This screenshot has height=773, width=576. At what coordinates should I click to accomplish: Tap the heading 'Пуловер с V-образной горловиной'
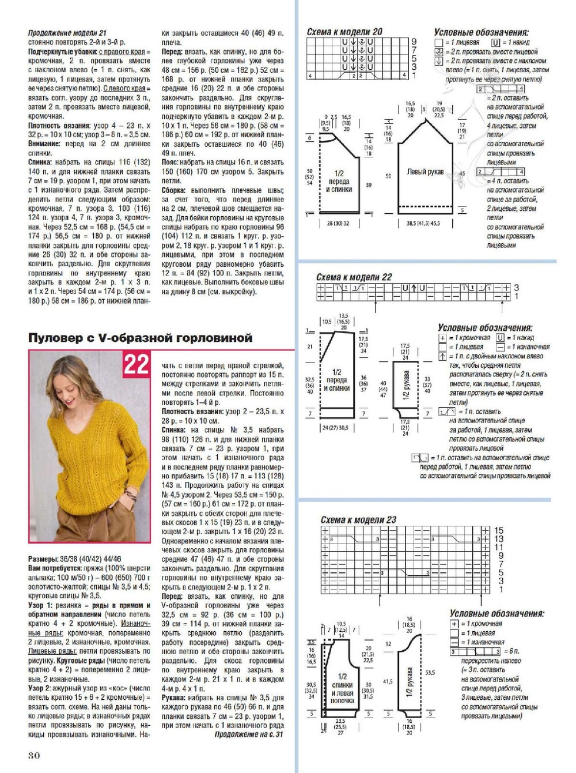pyautogui.click(x=141, y=338)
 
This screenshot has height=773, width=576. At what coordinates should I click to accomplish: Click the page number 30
pyautogui.click(x=34, y=755)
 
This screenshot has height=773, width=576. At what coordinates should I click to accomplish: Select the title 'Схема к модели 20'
pyautogui.click(x=344, y=32)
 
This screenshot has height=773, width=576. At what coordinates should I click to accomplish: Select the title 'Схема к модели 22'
pyautogui.click(x=354, y=277)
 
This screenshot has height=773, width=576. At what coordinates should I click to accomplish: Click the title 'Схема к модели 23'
pyautogui.click(x=358, y=520)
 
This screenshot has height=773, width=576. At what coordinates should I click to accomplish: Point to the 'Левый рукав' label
pyautogui.click(x=425, y=172)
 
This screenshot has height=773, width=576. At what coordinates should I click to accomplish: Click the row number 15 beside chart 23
pyautogui.click(x=498, y=530)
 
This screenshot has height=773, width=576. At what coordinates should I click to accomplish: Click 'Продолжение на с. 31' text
pyautogui.click(x=249, y=735)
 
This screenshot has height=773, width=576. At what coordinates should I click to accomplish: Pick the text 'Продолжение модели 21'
pyautogui.click(x=67, y=34)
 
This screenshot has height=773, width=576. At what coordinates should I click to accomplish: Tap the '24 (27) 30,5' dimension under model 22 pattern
pyautogui.click(x=336, y=428)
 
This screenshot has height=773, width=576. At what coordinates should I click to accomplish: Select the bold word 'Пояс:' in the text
pyautogui.click(x=173, y=163)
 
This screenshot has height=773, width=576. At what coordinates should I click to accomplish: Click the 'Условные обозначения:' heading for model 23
pyautogui.click(x=497, y=614)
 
